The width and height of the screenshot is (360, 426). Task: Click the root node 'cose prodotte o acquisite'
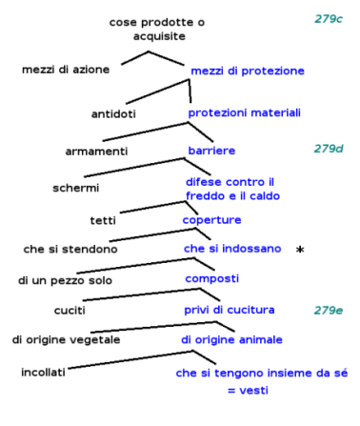point(156,28)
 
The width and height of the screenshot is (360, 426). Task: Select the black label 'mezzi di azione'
point(66,70)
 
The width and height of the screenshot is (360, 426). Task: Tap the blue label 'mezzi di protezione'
point(247,71)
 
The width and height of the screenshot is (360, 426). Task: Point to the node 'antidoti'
point(114,114)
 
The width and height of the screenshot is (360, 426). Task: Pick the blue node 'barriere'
point(210,151)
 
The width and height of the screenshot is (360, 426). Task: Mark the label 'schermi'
point(76,188)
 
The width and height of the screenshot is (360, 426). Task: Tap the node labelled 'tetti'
point(102,220)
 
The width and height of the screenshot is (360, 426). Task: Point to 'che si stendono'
point(70,250)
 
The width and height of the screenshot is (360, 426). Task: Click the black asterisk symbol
point(300,251)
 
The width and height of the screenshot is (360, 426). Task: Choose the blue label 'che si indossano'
point(232,249)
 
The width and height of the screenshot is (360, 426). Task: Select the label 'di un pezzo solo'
point(64,281)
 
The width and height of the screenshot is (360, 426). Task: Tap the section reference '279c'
point(329,19)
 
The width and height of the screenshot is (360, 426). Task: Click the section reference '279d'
point(329,149)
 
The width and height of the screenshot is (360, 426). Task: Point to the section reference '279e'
point(329,310)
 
